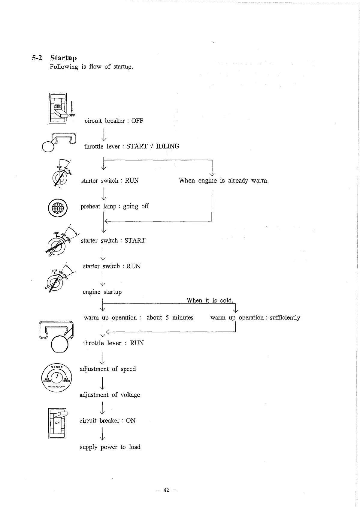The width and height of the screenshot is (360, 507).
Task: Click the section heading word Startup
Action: [63, 58]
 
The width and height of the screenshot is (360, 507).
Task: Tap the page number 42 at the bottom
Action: [166, 490]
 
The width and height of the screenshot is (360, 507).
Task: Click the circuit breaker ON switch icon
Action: [57, 423]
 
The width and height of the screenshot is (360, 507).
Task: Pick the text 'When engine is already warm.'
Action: [224, 181]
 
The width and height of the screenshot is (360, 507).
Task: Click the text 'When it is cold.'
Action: [210, 300]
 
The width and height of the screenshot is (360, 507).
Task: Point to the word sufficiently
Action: [285, 318]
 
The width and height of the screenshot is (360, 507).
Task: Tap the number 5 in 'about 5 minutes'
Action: [167, 318]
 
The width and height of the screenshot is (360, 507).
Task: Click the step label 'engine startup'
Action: [102, 292]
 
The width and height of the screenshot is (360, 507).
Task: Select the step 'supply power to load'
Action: [110, 447]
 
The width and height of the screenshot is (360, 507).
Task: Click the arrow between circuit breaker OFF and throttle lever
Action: [104, 134]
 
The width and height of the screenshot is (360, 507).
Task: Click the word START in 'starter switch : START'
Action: [135, 241]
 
